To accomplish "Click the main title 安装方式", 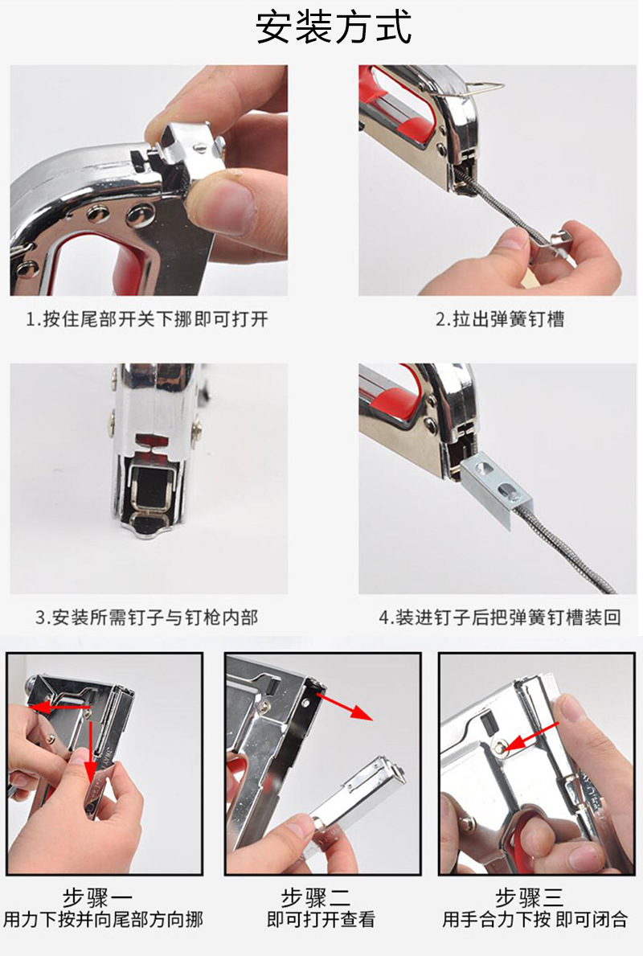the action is pyautogui.click(x=334, y=27).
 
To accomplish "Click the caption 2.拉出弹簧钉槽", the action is pyautogui.click(x=500, y=319).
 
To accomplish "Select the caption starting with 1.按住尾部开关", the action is pyautogui.click(x=147, y=319).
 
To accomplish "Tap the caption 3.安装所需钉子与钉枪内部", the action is pyautogui.click(x=147, y=618).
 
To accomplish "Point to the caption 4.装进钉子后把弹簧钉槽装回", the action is pyautogui.click(x=500, y=618).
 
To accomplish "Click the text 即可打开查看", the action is pyautogui.click(x=321, y=920).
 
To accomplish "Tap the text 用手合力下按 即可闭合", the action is pyautogui.click(x=535, y=920).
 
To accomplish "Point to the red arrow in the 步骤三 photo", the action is pyautogui.click(x=534, y=732).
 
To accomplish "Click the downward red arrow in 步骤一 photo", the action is pyautogui.click(x=89, y=752).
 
